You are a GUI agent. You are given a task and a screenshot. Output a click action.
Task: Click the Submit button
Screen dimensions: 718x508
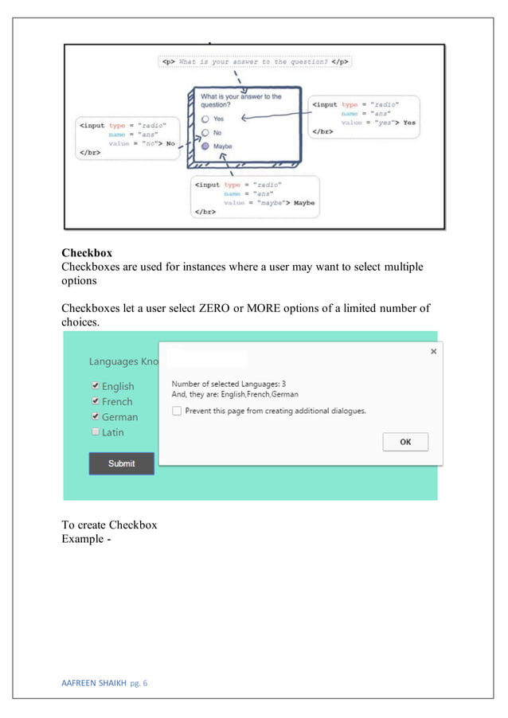121,463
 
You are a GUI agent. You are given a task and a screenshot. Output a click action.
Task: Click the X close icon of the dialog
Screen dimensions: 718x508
433,351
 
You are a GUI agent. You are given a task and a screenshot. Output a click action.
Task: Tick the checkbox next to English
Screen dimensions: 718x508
96,386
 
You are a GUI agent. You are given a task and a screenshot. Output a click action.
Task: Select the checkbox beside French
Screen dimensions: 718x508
96,401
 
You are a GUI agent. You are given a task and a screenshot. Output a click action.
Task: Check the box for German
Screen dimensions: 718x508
96,416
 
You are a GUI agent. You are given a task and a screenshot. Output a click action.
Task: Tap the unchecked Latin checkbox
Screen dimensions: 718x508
96,431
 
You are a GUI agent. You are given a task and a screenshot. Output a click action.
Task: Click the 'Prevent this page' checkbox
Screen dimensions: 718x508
177,411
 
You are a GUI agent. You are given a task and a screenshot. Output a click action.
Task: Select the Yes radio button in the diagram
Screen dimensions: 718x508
205,119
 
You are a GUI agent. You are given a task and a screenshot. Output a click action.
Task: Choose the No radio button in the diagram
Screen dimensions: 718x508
205,133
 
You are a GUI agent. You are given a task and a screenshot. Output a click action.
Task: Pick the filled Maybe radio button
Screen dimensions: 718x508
205,146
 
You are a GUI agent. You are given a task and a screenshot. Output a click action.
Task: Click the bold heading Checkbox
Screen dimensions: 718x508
87,253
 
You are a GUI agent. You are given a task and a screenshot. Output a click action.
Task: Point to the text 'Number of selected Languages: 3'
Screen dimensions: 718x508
229,384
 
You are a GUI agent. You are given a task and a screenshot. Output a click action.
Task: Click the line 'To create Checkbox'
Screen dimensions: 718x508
109,525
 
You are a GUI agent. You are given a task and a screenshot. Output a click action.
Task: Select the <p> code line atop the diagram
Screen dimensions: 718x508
255,61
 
